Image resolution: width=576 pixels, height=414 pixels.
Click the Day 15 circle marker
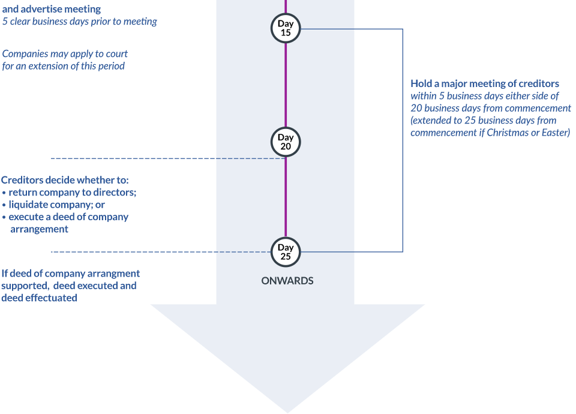point(286,28)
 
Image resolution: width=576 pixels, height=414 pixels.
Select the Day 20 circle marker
point(286,142)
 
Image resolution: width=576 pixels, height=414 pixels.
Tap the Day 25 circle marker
point(286,251)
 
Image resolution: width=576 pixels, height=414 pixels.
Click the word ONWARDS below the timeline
point(287,281)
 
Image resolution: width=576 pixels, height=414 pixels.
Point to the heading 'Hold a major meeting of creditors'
point(485,83)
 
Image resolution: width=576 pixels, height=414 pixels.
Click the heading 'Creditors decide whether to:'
point(65,180)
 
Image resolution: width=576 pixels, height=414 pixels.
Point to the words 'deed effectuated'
point(40,298)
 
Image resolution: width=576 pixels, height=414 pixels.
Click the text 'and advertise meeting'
point(52,9)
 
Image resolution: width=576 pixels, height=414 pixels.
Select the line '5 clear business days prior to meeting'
point(80,22)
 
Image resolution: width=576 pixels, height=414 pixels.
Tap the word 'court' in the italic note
point(116,54)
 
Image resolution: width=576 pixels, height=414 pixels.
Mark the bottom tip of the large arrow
point(287,411)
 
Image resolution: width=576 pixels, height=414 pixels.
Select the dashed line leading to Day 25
point(162,252)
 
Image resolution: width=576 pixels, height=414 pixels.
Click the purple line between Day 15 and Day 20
point(286,84)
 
